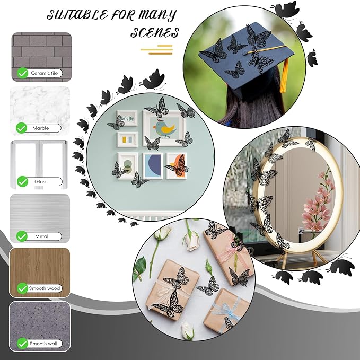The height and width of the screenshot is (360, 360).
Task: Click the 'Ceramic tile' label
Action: [x=45, y=73]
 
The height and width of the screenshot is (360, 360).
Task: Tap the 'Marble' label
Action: [x=41, y=128]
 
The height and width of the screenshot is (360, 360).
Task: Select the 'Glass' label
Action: [x=41, y=182]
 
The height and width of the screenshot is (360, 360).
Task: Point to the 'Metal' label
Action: [x=41, y=236]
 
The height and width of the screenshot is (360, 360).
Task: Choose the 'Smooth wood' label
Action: [x=45, y=288]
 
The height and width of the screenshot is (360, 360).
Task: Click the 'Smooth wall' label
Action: [x=43, y=344]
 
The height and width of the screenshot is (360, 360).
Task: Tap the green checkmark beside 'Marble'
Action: [x=22, y=128]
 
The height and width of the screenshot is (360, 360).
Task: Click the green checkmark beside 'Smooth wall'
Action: [x=22, y=344]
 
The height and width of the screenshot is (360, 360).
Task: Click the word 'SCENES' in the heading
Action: [x=154, y=32]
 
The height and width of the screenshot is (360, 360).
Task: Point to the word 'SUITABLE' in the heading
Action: [x=77, y=15]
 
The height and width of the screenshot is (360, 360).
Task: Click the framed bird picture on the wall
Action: [x=164, y=128]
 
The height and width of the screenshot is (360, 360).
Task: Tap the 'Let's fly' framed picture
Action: [x=127, y=118]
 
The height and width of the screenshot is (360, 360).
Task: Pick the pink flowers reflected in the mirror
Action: [x=319, y=202]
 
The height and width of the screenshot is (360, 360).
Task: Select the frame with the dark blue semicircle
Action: [x=153, y=166]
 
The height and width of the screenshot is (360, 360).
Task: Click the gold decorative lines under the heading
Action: [x=156, y=50]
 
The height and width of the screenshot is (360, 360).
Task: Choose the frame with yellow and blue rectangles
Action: [x=127, y=139]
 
